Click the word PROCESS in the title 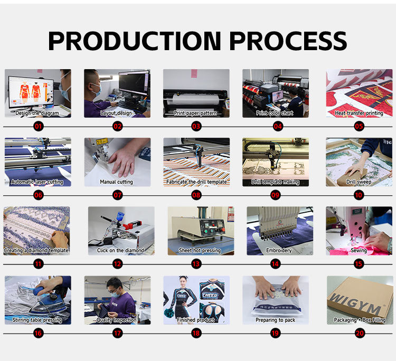pyautogui.click(x=288, y=41)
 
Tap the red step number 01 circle pyautogui.click(x=38, y=126)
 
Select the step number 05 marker pyautogui.click(x=359, y=126)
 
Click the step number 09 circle pyautogui.click(x=275, y=195)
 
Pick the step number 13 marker pyautogui.click(x=196, y=264)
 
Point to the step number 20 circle pyautogui.click(x=360, y=333)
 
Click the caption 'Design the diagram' pyautogui.click(x=37, y=113)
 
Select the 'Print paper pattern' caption pyautogui.click(x=195, y=113)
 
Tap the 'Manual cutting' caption pyautogui.click(x=117, y=182)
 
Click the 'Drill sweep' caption pyautogui.click(x=359, y=182)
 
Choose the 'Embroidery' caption pyautogui.click(x=279, y=250)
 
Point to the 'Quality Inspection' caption pyautogui.click(x=117, y=320)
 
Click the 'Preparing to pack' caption pyautogui.click(x=275, y=320)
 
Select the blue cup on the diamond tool pyautogui.click(x=120, y=216)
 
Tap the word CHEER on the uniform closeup pyautogui.click(x=210, y=295)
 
